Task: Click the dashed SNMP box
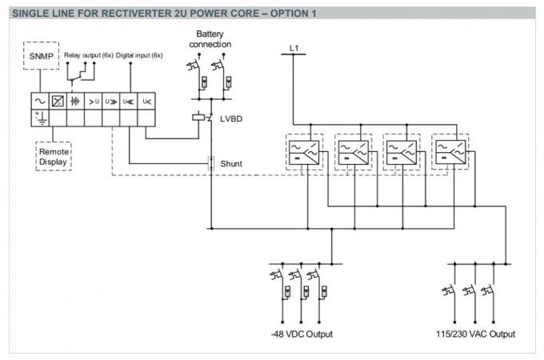(x=39, y=58)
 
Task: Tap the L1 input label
(x=294, y=50)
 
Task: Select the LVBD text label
(x=232, y=118)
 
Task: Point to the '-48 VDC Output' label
(x=302, y=333)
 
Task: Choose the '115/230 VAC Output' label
(x=475, y=333)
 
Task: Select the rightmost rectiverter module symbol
(x=449, y=150)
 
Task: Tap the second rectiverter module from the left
(x=353, y=150)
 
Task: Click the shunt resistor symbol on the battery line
(x=210, y=163)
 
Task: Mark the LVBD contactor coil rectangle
(x=198, y=118)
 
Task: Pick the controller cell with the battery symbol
(x=76, y=102)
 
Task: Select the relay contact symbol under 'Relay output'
(x=82, y=74)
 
